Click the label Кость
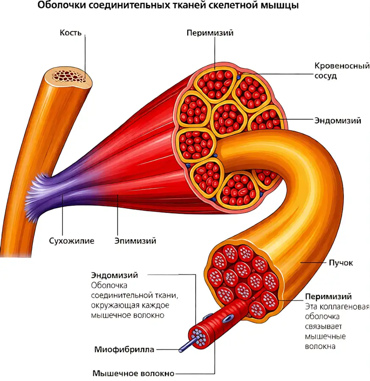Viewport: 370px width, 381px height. click(x=70, y=33)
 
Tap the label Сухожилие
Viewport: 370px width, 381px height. click(x=72, y=241)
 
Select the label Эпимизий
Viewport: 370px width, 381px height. click(x=135, y=241)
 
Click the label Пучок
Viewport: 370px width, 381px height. click(x=341, y=263)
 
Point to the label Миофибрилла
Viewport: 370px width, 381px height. click(x=124, y=349)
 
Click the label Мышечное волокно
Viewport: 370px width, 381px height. click(x=134, y=373)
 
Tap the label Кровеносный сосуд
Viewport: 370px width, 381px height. click(x=342, y=70)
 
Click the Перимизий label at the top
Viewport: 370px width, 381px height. click(x=210, y=33)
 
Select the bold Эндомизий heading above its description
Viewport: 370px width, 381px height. click(x=114, y=275)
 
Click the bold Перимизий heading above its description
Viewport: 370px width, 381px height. click(x=328, y=296)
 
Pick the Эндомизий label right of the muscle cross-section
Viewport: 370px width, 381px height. click(x=338, y=120)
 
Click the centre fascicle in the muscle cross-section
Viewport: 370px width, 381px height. click(x=228, y=118)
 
